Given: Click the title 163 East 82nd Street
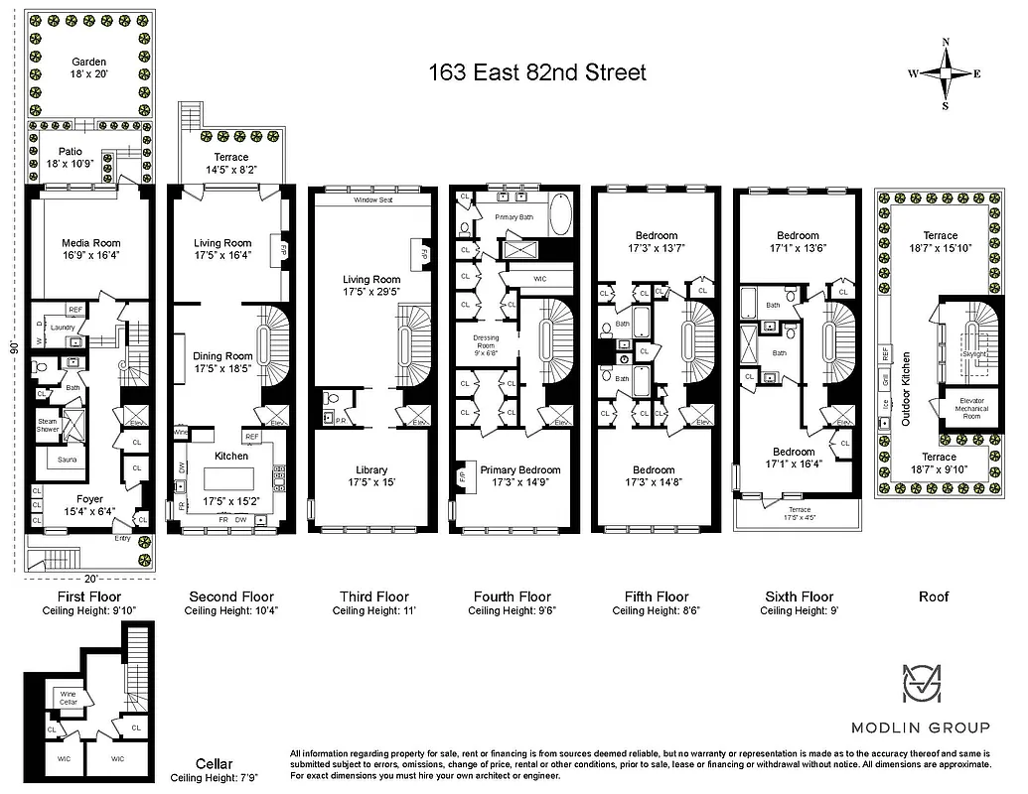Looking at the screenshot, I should [x=536, y=72].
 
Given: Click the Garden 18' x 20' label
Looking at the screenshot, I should [x=88, y=68].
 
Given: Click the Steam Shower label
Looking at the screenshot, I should [x=48, y=425].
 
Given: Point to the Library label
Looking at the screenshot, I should [x=371, y=470].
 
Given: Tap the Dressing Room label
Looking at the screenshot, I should [x=487, y=343].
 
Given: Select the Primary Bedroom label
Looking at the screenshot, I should [x=519, y=470].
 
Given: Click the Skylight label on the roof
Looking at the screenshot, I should [x=974, y=352].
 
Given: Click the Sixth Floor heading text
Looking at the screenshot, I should [x=799, y=596].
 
